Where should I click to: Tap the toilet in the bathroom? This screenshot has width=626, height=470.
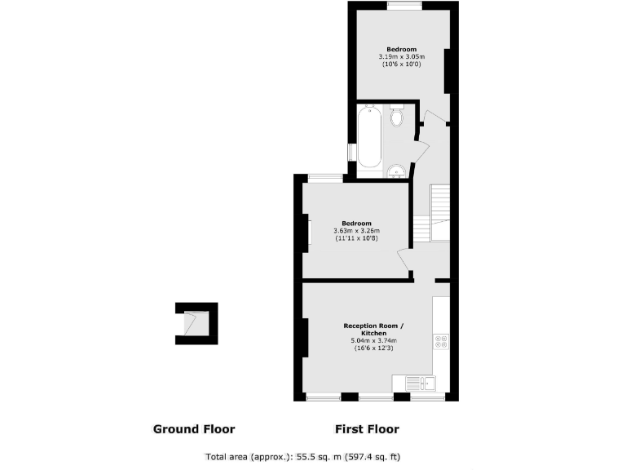(397, 117)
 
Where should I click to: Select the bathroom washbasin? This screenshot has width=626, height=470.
(395, 170)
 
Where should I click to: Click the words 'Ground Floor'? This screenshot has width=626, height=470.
(194, 428)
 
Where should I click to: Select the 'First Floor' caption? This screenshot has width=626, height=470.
(367, 428)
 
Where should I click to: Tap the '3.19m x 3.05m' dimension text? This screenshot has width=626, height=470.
(401, 57)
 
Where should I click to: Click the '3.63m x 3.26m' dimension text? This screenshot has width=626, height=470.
(356, 231)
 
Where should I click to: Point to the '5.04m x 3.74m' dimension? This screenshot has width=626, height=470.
(373, 340)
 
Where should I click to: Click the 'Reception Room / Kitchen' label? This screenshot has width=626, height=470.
(373, 330)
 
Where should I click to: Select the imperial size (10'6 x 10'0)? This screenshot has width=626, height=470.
(401, 64)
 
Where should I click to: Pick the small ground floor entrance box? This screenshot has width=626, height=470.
(196, 323)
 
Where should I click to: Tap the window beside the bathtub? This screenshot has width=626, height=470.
(351, 153)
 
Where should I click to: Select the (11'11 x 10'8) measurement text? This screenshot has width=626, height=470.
(356, 238)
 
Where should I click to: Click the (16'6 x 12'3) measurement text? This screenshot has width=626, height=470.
(373, 348)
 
